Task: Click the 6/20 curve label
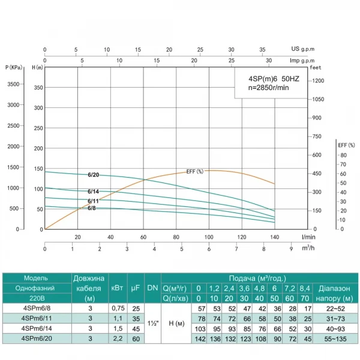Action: pos(92,175)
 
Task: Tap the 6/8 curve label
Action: pos(92,208)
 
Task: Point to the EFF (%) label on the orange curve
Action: pos(195,171)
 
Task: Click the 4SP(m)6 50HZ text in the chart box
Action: pos(272,77)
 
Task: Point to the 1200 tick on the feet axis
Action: pos(318,80)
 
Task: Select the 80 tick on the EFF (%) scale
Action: pos(344,155)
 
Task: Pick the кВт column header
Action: pos(117,288)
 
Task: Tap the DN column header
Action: pos(152,288)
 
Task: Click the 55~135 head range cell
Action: pos(331,339)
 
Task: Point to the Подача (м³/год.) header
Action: pos(257,278)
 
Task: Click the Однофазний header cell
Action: pos(36,288)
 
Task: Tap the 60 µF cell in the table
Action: pos(135,339)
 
